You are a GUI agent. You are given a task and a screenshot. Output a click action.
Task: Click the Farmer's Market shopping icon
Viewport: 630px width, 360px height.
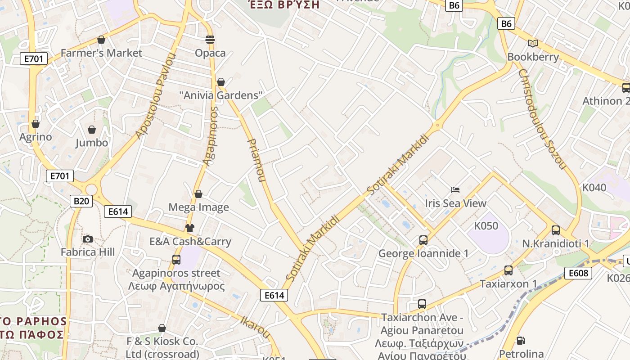(x=101, y=40)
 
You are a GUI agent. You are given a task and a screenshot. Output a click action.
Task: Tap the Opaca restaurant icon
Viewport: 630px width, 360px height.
(x=210, y=40)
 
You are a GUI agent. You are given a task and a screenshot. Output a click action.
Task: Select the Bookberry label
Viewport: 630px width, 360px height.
(x=533, y=57)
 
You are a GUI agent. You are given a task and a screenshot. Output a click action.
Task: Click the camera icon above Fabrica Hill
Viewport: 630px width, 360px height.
(x=88, y=239)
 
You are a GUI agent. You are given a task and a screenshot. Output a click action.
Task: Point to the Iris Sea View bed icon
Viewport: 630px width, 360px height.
(x=455, y=190)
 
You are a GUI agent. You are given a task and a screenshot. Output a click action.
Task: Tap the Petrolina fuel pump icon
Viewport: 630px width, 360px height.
(x=521, y=341)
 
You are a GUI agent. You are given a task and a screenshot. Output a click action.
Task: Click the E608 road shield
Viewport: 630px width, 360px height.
(x=578, y=273)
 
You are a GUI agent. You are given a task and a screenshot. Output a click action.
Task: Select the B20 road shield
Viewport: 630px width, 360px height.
(x=81, y=201)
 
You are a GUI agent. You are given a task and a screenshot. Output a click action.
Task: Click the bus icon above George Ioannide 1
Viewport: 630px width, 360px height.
(x=423, y=240)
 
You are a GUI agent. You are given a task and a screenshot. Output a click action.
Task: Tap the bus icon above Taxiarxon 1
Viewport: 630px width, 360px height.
(x=508, y=270)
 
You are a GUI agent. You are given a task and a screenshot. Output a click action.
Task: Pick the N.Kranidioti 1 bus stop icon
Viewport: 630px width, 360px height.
(x=555, y=230)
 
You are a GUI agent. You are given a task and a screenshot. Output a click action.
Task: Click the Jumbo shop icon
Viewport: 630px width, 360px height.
(x=92, y=130)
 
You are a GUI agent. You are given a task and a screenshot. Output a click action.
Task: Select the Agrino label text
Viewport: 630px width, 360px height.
(x=36, y=137)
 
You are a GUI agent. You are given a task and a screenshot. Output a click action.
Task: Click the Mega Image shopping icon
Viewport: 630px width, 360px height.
(x=198, y=194)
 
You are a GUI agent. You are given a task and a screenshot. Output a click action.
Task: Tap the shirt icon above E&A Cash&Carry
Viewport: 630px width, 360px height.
(x=189, y=228)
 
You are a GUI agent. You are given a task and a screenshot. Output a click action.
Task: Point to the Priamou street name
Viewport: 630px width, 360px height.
(x=257, y=160)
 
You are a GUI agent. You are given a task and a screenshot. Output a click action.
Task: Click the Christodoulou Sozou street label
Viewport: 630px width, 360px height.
(x=541, y=119)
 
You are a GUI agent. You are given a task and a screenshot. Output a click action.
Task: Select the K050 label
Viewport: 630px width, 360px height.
(x=486, y=225)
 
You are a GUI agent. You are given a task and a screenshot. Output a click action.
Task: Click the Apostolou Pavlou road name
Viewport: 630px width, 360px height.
(x=155, y=95)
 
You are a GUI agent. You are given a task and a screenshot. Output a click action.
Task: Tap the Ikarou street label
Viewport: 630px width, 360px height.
(x=255, y=327)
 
